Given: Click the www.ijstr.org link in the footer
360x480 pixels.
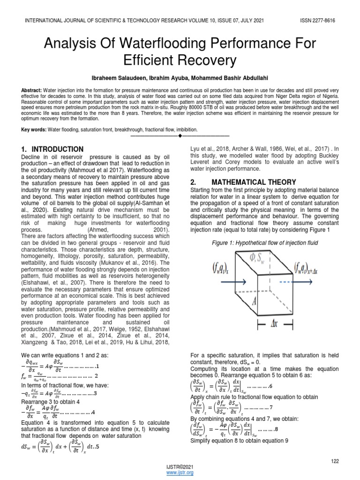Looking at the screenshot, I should click(x=180, y=472).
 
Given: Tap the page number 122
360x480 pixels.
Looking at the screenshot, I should click(x=335, y=461).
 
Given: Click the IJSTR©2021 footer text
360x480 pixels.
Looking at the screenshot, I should click(x=180, y=467).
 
